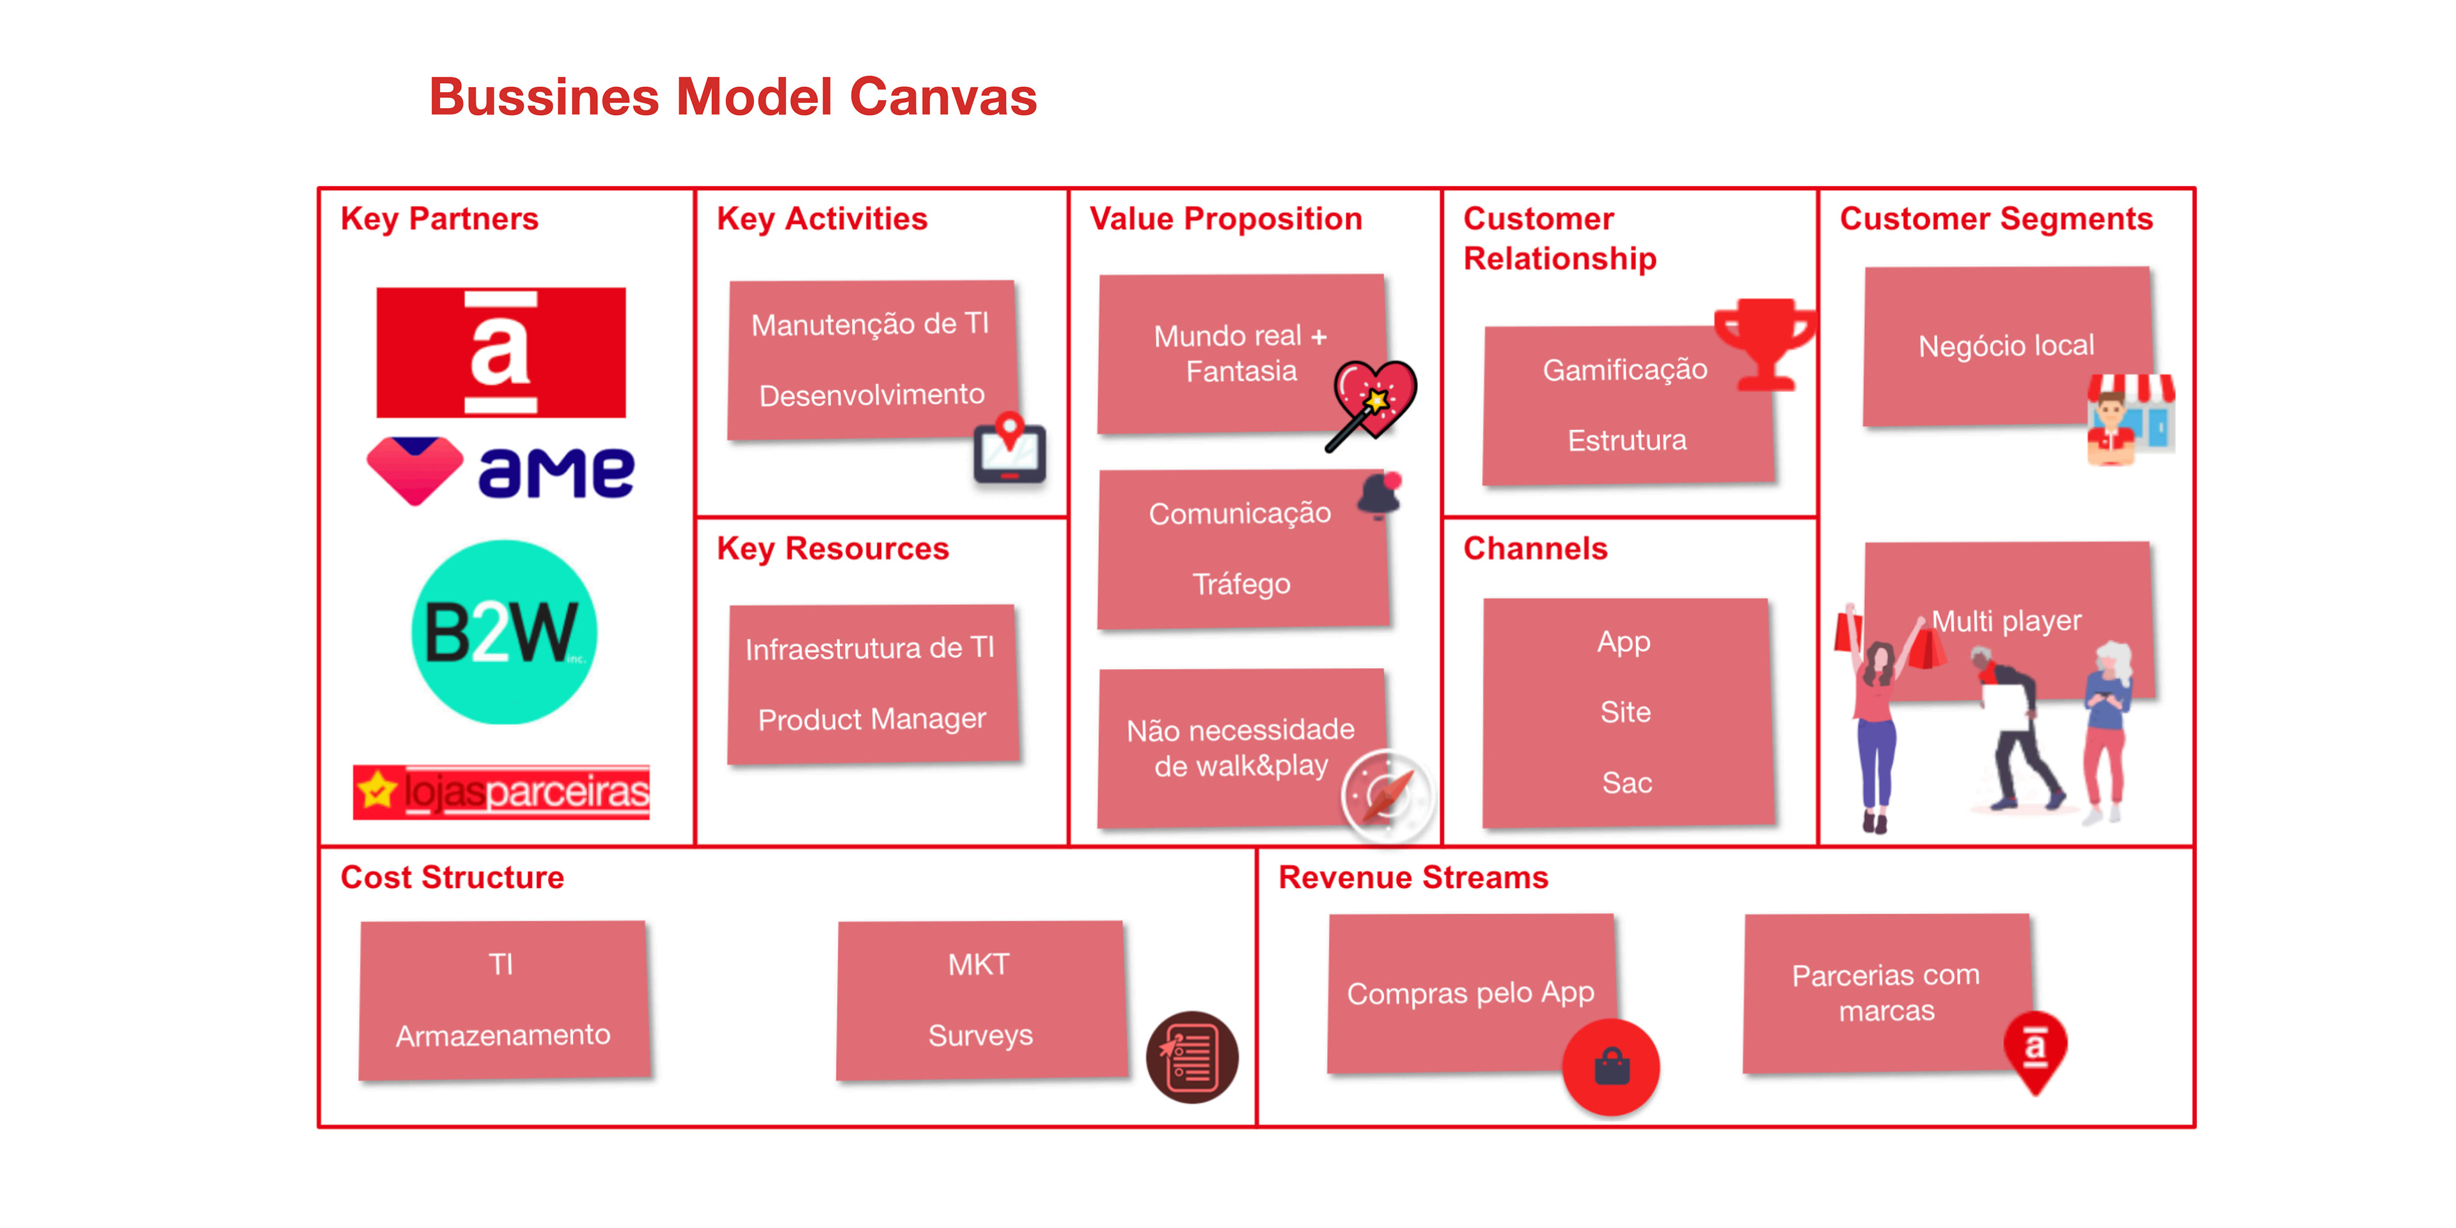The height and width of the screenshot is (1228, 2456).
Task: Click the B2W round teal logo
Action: point(503,631)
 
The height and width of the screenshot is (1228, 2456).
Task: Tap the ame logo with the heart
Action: point(501,471)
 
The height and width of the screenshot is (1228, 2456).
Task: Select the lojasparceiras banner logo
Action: point(501,791)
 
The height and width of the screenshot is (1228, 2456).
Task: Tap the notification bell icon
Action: point(1380,494)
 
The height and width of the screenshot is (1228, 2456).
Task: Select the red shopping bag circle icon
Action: point(1611,1067)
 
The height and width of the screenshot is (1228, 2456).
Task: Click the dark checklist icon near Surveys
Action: point(1192,1057)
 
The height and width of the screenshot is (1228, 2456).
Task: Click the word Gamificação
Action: point(1625,369)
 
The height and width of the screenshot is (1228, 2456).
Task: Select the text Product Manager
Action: point(871,719)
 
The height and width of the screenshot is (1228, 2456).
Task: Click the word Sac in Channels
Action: point(1626,783)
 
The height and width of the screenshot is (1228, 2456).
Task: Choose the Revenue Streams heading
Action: point(1413,877)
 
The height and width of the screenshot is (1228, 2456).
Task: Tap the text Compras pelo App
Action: point(1470,993)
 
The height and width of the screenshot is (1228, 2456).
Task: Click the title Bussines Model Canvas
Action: point(732,97)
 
